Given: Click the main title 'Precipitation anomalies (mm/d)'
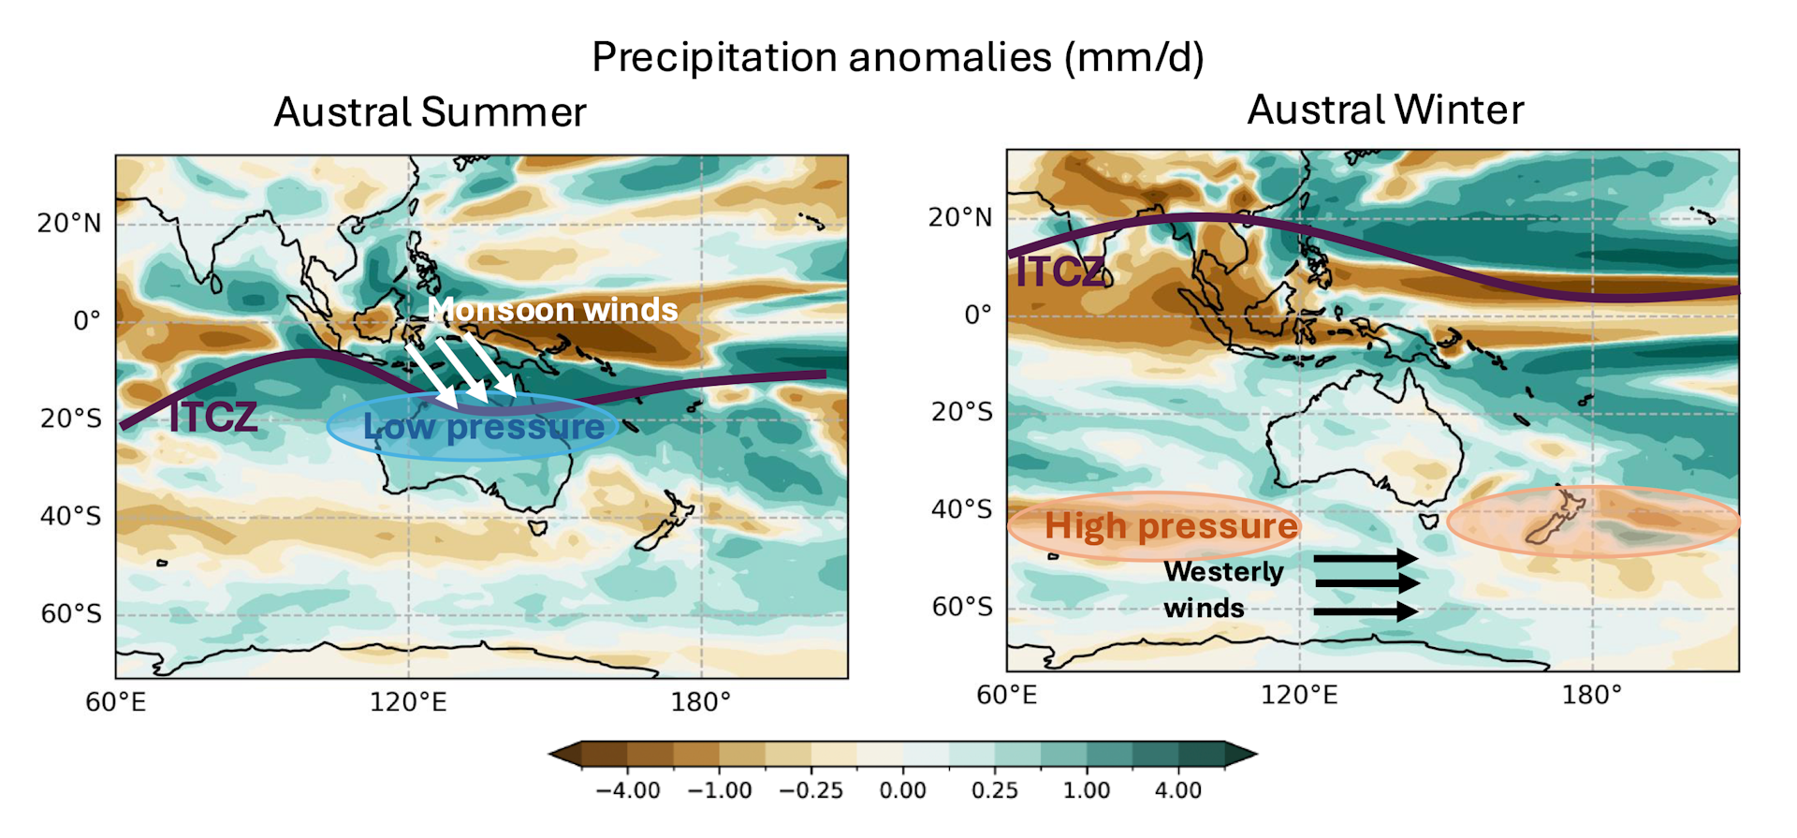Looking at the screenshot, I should (x=898, y=58).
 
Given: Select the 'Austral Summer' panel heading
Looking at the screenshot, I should (x=430, y=112).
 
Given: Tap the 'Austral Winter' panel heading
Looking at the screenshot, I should (x=1385, y=110).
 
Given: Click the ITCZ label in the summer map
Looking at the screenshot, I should (x=212, y=417).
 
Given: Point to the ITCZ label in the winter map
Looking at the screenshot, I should (x=1060, y=272).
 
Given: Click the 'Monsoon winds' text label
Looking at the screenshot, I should (x=552, y=309).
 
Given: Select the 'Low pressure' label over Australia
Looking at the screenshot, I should (x=484, y=427).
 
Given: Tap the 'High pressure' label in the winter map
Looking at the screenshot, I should (x=1171, y=526).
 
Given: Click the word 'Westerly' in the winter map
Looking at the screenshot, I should (x=1223, y=571).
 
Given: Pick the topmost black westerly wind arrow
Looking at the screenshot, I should (x=1366, y=559).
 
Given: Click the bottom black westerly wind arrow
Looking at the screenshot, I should (x=1366, y=612).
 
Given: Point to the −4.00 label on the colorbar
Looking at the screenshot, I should (x=628, y=790).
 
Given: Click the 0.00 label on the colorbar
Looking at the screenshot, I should (x=902, y=790).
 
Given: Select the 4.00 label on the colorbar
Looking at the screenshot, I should (x=1177, y=790).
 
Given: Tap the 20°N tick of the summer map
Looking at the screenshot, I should (x=69, y=224).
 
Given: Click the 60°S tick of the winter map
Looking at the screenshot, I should (x=961, y=607).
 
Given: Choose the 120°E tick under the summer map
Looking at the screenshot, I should (x=408, y=702).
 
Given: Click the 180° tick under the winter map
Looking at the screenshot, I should (x=1591, y=696).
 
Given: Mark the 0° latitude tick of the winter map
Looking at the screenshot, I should (x=977, y=315).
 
